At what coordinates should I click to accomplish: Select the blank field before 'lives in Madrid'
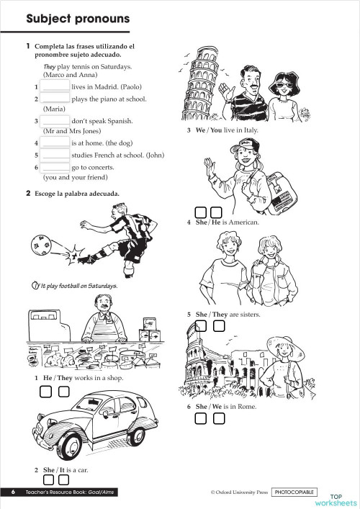pos(55,86)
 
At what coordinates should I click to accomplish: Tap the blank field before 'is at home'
pos(55,143)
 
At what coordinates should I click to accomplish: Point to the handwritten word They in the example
pos(50,66)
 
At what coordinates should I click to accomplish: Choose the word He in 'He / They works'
pos(48,378)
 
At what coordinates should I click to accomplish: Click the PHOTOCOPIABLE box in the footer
pos(294,492)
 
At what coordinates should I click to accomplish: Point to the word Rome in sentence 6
pos(246,407)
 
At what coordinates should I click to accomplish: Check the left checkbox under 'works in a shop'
pos(45,392)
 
